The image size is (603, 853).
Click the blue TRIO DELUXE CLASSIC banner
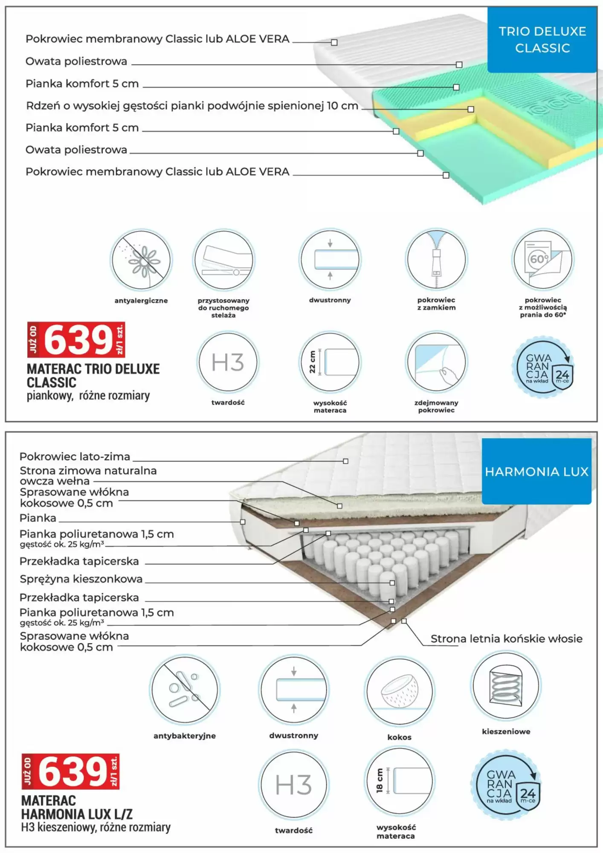pos(542,40)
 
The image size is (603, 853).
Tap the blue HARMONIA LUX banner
pos(536,471)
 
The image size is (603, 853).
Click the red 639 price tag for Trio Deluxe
pos(76,339)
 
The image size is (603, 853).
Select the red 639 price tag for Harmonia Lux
pos(71,771)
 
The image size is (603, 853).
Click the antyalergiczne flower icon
pos(141,260)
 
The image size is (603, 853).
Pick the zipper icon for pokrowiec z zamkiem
pos(436,259)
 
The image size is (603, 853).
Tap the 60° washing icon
pos(543,259)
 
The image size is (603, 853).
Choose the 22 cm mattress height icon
pos(330,362)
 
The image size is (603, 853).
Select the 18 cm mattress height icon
pos(399,781)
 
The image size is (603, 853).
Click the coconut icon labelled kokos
pos(400,691)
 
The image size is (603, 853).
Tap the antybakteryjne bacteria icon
pos(185,690)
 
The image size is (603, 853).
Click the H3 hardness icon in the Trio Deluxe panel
pos(228,362)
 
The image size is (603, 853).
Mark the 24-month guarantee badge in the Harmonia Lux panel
pos(506,785)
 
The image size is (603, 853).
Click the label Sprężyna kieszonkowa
pos(81,579)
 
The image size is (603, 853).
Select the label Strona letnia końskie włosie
pos(506,638)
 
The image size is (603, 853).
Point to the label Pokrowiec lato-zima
pos(75,456)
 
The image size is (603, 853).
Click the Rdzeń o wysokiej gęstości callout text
pos(192,106)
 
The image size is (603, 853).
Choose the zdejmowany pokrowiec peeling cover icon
pos(436,362)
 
